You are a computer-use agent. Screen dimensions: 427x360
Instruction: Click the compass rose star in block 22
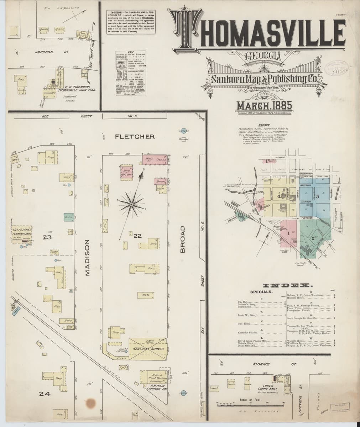[132, 204]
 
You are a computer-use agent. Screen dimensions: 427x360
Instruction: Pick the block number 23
[47, 238]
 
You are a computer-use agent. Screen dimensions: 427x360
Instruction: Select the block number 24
[44, 394]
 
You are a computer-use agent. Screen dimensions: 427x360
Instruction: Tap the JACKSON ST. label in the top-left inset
[52, 52]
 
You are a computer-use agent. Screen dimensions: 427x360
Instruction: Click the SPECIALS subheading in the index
[261, 291]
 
